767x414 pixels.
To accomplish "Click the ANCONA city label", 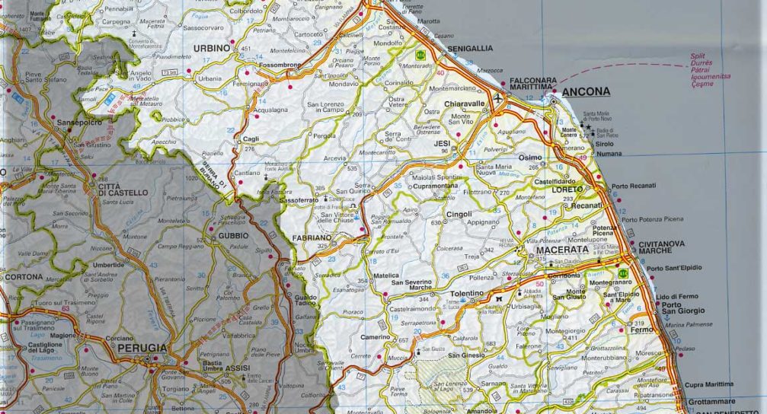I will click(587, 92).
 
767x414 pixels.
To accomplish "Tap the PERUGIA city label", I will click(142, 348).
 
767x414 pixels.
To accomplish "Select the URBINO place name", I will click(212, 48).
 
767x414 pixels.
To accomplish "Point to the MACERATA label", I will click(562, 250).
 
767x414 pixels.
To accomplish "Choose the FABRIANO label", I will click(313, 238).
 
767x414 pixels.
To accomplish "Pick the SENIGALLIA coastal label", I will click(470, 48).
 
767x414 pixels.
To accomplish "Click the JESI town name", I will click(442, 142).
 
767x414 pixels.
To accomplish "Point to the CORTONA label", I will click(24, 277).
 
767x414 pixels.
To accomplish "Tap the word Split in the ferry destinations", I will click(697, 56).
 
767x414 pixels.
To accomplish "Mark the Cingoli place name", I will click(459, 215).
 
